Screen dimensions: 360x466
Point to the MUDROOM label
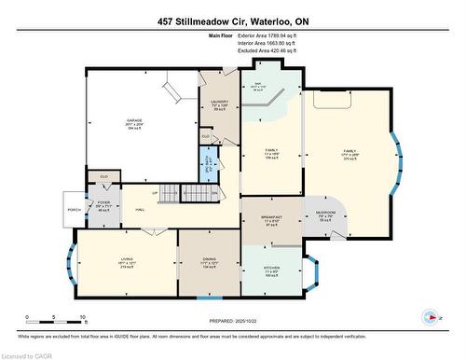tap(327, 213)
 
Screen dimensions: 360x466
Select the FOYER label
tap(104, 205)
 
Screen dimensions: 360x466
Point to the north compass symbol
tap(432, 318)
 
